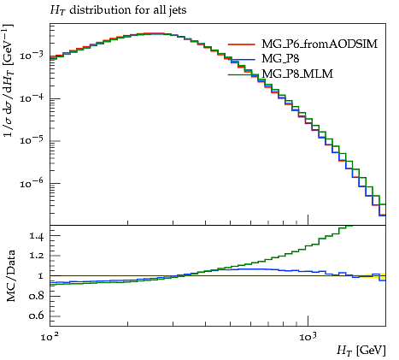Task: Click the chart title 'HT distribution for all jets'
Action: tap(118, 10)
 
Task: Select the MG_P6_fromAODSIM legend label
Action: tap(320, 44)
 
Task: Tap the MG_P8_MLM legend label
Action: tap(297, 74)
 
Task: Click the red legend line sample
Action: tap(242, 44)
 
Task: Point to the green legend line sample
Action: tap(242, 74)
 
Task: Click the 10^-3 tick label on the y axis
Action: tap(32, 55)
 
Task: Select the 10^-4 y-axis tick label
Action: tap(32, 97)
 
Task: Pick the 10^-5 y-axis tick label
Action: tap(32, 140)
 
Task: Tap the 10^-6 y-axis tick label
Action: tap(32, 183)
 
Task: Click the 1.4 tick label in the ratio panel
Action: tap(37, 236)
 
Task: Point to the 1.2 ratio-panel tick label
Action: tap(37, 256)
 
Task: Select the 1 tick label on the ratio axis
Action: tap(41, 276)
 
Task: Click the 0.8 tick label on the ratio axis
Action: tap(36, 296)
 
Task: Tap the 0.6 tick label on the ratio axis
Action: tap(36, 316)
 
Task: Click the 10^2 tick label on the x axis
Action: tap(50, 337)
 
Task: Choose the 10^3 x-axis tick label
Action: tap(308, 337)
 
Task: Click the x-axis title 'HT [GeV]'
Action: tap(361, 351)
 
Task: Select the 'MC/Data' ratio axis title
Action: tap(11, 276)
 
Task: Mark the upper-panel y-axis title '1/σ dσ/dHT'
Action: tap(9, 80)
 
